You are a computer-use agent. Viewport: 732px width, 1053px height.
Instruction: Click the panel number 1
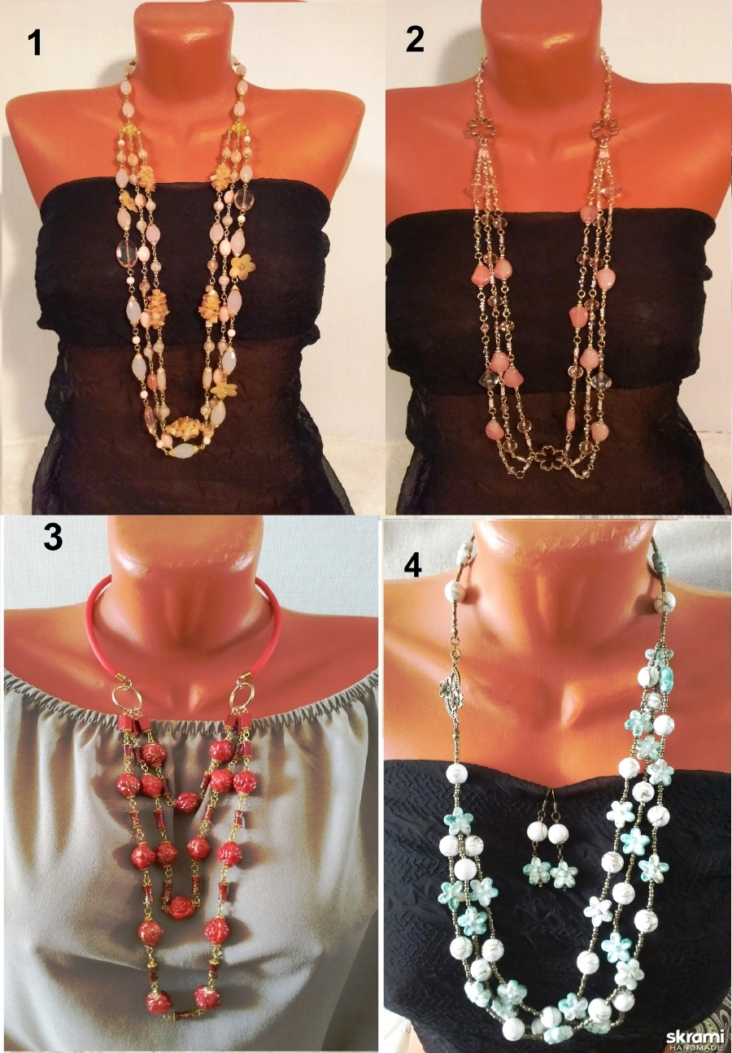[x=34, y=44]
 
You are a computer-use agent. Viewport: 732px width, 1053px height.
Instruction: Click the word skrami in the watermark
[x=695, y=1037]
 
